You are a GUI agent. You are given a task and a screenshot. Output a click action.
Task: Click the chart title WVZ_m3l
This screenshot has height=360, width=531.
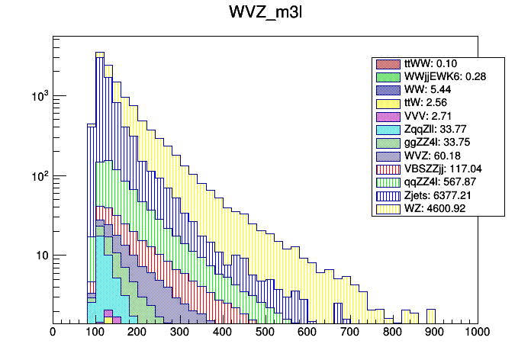coord(265,14)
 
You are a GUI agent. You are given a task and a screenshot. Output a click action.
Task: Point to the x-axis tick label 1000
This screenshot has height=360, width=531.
coord(478,333)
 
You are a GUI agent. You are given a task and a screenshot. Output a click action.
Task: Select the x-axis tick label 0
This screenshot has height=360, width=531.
coord(52,333)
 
